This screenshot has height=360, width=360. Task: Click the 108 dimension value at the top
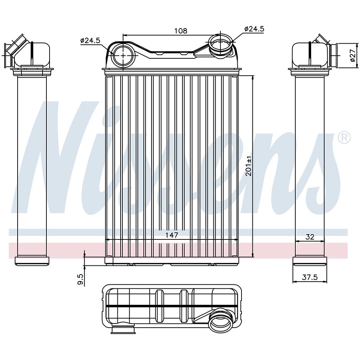coord(181,31)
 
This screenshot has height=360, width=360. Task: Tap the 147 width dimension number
coord(172,234)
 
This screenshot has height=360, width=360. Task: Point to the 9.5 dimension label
coord(81,279)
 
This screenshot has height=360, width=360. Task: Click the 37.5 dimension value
coord(310,277)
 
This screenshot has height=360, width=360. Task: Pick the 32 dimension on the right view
coord(309,237)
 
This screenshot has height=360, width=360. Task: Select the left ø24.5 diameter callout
coord(90,40)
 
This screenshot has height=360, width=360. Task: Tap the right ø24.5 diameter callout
coord(254,29)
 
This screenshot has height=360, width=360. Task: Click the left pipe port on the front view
coord(124,56)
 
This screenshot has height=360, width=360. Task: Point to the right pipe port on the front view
coord(220,45)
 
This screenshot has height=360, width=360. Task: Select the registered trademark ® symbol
coord(344,137)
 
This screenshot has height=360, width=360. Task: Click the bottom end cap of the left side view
coord(32,261)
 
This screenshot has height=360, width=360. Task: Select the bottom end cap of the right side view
coord(310,261)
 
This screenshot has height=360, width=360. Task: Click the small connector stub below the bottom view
coord(123,330)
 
